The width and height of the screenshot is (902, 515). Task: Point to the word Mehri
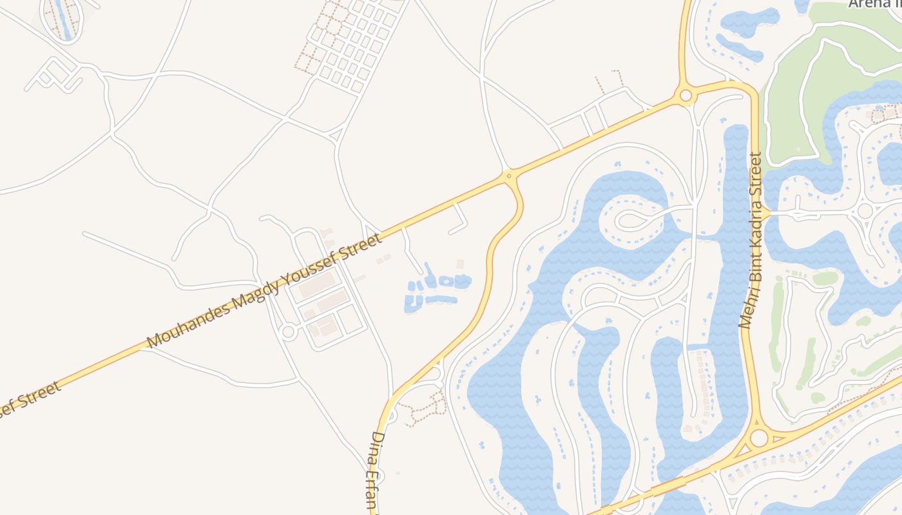click(745, 310)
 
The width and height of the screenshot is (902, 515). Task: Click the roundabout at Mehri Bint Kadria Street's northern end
click(686, 97)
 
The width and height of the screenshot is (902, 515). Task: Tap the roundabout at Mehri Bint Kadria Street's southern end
click(759, 438)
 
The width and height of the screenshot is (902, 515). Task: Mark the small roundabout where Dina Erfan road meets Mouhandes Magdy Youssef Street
click(509, 175)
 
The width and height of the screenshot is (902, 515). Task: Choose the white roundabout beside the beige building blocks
click(288, 332)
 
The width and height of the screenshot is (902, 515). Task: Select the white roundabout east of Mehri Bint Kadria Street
click(865, 211)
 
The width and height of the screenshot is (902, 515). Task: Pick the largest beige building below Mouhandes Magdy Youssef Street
click(317, 284)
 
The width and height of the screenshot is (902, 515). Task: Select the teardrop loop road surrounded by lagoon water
click(635, 220)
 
